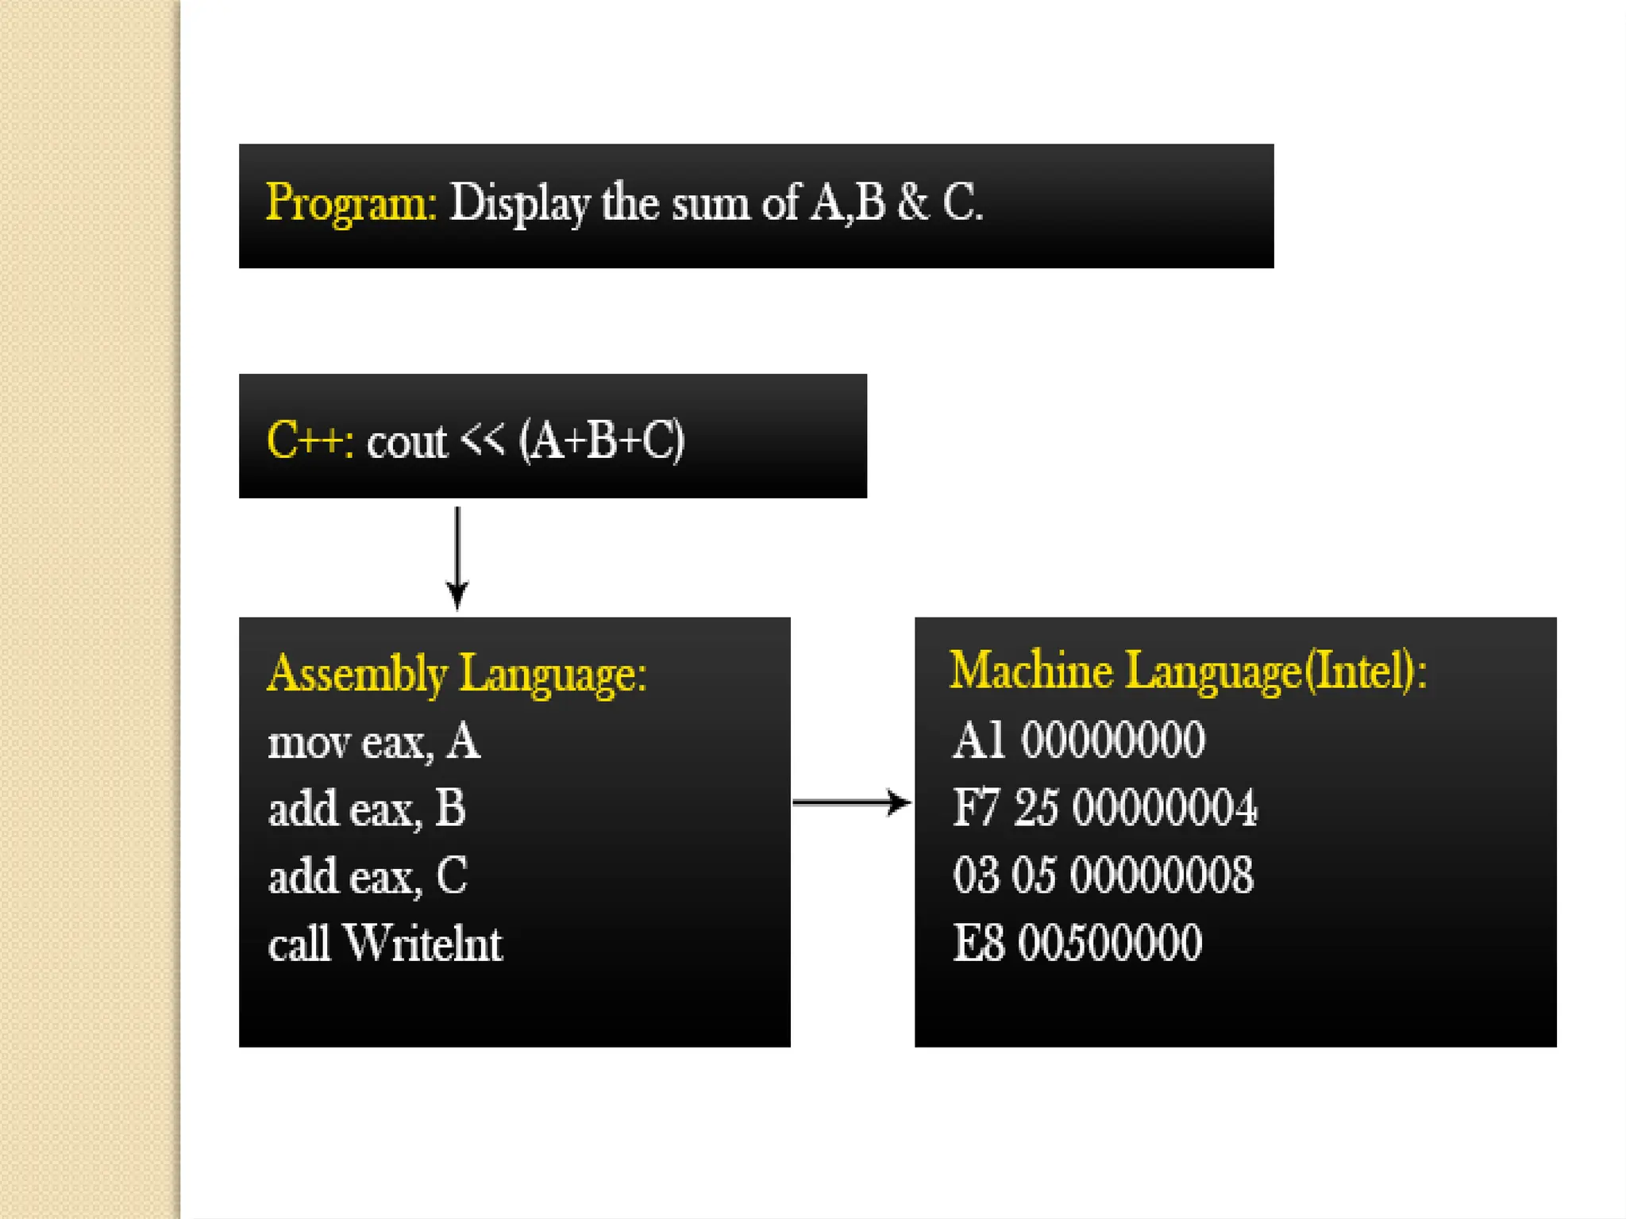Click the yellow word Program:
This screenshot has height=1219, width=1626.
coord(350,203)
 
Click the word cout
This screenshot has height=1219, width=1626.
coord(406,441)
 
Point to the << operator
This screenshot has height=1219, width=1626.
coord(483,438)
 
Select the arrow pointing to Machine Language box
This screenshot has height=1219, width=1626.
coord(851,802)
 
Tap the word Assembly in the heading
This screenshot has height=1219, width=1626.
coord(357,675)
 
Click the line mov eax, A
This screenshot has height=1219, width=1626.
coord(374,743)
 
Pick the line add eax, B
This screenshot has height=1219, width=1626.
coord(367,809)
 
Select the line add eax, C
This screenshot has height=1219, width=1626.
coord(368,877)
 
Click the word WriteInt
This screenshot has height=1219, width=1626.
coord(423,944)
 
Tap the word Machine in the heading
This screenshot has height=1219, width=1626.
coord(1031,671)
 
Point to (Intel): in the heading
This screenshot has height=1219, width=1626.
coord(1366,671)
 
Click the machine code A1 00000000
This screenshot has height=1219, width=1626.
coord(1078,740)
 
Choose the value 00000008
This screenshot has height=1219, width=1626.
coord(1162,875)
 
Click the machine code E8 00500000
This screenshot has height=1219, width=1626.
coord(1077,943)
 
